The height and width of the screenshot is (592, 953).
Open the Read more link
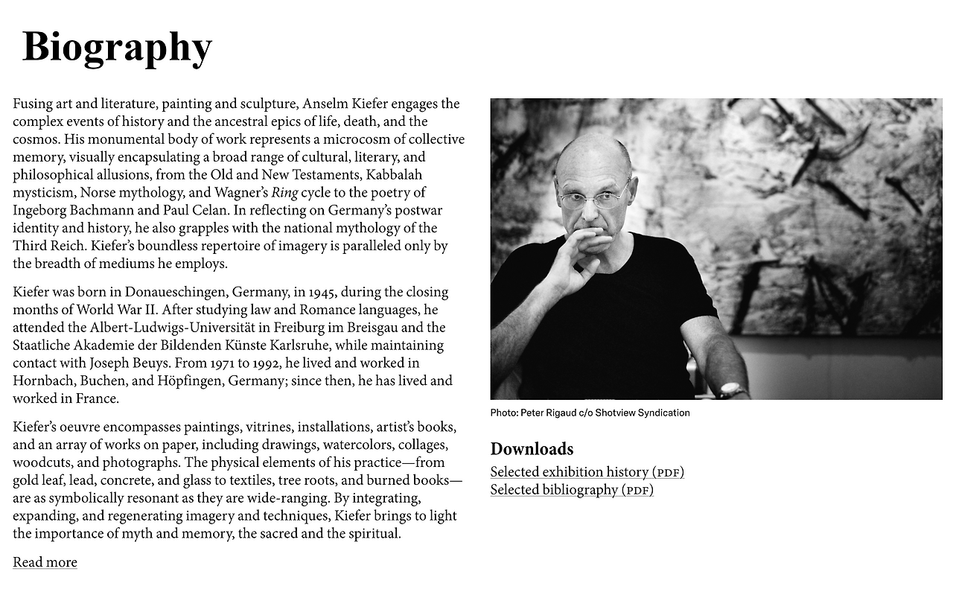[x=45, y=562]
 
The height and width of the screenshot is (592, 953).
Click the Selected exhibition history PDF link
[x=587, y=472]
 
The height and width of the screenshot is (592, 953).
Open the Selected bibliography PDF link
[x=572, y=490]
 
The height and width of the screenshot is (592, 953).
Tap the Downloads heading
[x=532, y=448]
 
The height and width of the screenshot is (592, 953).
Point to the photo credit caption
[x=590, y=413]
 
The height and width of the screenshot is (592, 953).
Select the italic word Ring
[x=284, y=193]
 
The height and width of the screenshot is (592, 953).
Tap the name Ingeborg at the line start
[x=42, y=211]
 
